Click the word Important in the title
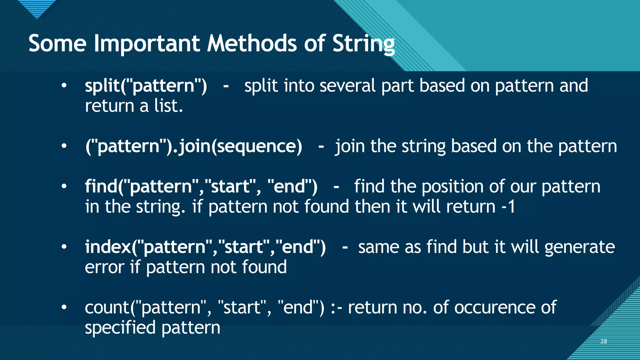click(x=147, y=44)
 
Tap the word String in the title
click(x=363, y=44)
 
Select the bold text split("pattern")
click(x=146, y=86)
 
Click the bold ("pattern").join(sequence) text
click(x=193, y=146)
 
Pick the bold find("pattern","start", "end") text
click(x=201, y=187)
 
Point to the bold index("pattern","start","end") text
click(x=205, y=247)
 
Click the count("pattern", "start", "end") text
click(x=204, y=307)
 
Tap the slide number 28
click(x=604, y=341)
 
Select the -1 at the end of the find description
click(x=508, y=207)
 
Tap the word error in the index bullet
click(x=104, y=267)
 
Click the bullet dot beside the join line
click(x=64, y=146)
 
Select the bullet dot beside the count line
click(x=64, y=307)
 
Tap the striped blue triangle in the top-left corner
click(x=37, y=8)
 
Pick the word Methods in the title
click(x=252, y=44)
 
